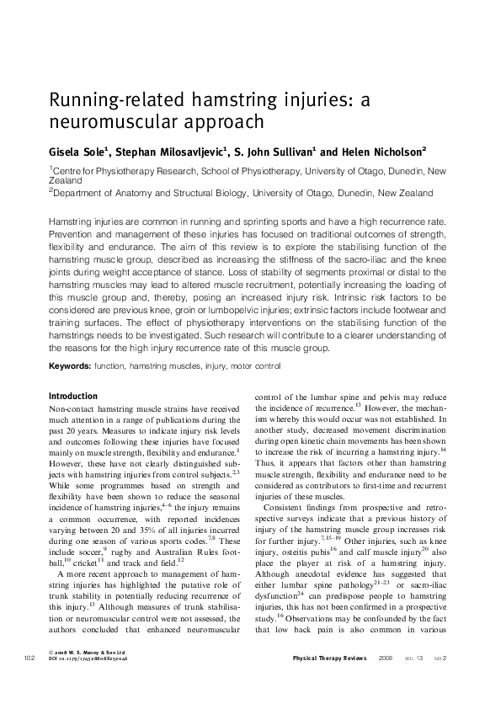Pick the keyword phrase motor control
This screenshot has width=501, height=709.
pyautogui.click(x=258, y=366)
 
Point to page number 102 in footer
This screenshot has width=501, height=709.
pyautogui.click(x=29, y=680)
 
